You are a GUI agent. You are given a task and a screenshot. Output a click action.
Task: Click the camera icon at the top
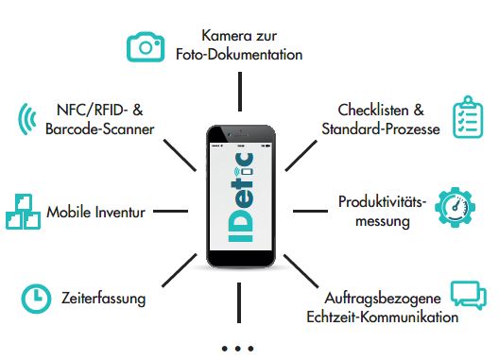[x=146, y=46]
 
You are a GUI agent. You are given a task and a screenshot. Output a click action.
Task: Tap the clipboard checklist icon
[x=470, y=117]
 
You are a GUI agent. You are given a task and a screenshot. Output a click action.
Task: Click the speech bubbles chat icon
[x=468, y=297]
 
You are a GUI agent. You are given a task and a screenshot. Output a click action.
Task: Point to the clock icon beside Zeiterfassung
[x=36, y=299]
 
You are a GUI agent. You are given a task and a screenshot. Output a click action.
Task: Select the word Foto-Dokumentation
[x=239, y=55]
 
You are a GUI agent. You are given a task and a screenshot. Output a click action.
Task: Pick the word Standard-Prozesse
[x=380, y=129]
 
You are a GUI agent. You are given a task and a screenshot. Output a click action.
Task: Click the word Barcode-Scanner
[x=99, y=129]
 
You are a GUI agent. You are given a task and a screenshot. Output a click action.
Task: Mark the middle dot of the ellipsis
[x=238, y=348]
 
